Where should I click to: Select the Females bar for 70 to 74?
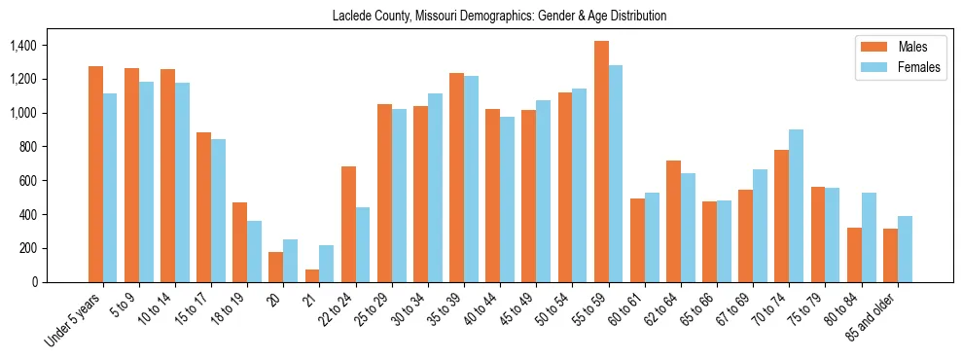pyautogui.click(x=796, y=205)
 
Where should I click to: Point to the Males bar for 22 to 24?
pyautogui.click(x=348, y=224)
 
